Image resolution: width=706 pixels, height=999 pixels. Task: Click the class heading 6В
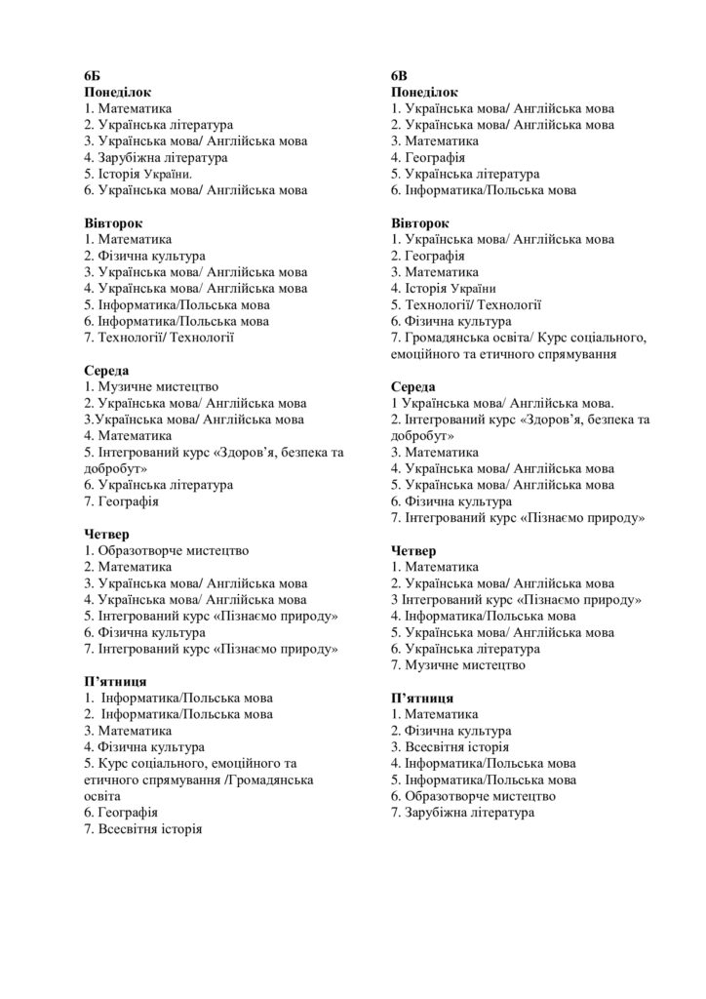tap(400, 76)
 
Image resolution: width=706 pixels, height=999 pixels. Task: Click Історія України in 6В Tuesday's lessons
tap(450, 288)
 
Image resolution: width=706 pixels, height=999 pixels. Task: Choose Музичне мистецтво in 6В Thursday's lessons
tap(464, 665)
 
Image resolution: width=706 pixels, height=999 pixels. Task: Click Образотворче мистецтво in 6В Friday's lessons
tap(473, 796)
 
